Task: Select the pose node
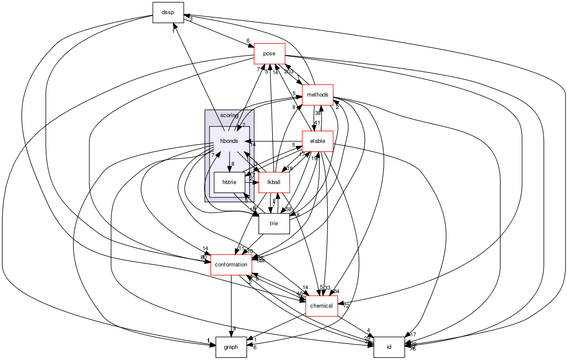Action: pos(270,54)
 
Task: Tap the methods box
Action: pos(318,95)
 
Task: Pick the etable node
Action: pos(318,141)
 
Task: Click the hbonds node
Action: pos(229,141)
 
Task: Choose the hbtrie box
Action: pos(229,182)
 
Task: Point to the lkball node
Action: pos(274,182)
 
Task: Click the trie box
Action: pos(274,224)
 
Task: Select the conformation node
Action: pos(231,265)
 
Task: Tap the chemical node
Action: pos(321,306)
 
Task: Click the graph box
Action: pos(231,347)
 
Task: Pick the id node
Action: pos(389,347)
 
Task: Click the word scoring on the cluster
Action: pos(229,115)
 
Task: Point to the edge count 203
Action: pos(289,72)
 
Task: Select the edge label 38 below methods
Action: pos(318,114)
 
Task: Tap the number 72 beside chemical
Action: pos(346,306)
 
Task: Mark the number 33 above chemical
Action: pos(327,288)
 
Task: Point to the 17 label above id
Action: pos(413,334)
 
